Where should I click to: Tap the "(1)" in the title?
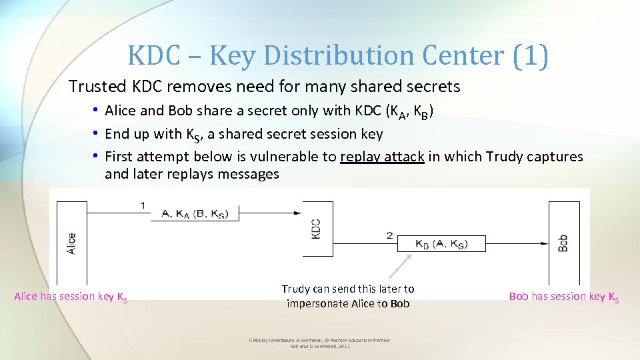pos(531,56)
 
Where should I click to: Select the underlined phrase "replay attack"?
pos(382,157)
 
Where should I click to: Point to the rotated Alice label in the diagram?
pos(71,243)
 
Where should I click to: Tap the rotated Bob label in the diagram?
pos(563,244)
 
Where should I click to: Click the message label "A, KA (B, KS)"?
pos(189,213)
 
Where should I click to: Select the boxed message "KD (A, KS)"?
pos(441,245)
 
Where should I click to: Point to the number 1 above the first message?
pos(143,205)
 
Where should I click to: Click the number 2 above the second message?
pos(389,235)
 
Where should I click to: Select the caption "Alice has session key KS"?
pos(71,297)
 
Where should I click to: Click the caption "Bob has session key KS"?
pos(563,297)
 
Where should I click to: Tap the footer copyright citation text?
pos(319,343)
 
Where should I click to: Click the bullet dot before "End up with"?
pos(97,134)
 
